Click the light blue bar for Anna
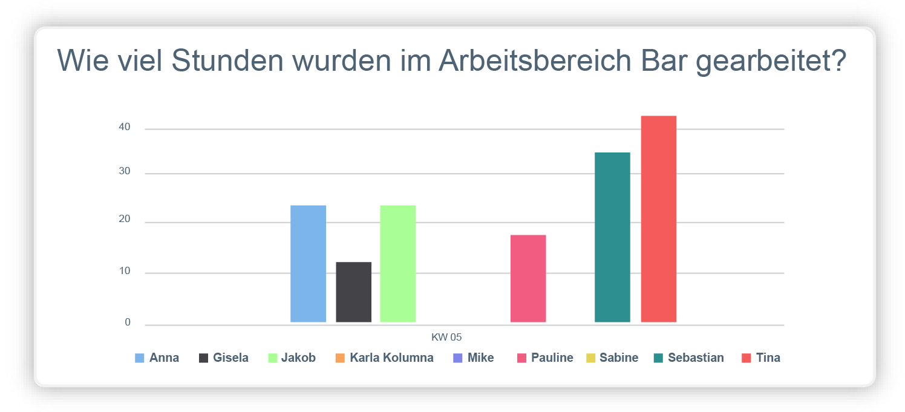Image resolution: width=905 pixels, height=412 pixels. (x=308, y=264)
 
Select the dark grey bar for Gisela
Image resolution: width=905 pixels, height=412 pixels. (x=353, y=292)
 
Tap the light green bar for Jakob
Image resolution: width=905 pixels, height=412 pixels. (x=397, y=264)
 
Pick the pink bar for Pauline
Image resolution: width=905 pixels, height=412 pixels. (x=528, y=278)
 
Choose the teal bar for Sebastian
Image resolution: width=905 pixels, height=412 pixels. (x=612, y=237)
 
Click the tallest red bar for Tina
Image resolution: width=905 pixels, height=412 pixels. (x=658, y=219)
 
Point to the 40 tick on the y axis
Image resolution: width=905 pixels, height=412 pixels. (x=124, y=128)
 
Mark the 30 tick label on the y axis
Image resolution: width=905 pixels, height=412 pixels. (x=124, y=172)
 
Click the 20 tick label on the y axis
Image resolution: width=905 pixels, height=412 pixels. (x=124, y=220)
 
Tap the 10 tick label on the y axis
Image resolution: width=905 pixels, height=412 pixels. (x=124, y=272)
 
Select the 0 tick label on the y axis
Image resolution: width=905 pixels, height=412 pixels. (x=128, y=322)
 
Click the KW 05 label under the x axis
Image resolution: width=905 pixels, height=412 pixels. (x=446, y=338)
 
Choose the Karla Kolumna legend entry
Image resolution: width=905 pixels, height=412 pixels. (x=391, y=358)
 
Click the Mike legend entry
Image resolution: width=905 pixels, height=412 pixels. (x=480, y=358)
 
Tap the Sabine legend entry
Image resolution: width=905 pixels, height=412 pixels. (x=618, y=358)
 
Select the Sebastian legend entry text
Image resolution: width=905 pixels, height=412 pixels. (x=696, y=358)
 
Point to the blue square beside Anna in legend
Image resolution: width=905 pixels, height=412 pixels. (x=140, y=358)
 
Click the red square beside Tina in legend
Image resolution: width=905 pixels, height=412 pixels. (x=746, y=358)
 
